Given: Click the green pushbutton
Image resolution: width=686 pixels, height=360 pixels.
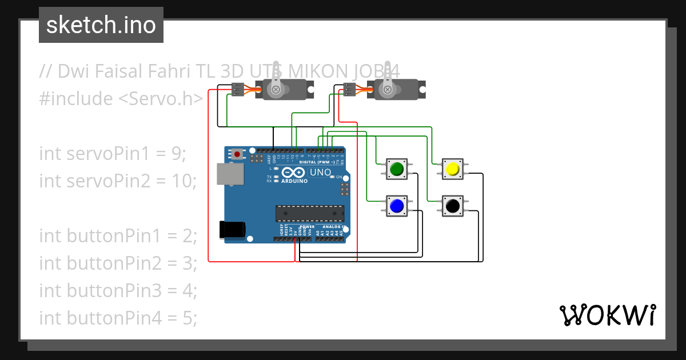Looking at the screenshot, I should tap(396, 169).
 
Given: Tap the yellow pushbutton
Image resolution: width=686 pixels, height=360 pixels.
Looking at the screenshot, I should tap(452, 169).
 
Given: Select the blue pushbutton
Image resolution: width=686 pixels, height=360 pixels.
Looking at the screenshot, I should tap(396, 205).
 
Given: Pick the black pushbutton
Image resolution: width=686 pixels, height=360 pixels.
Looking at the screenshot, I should tap(452, 205).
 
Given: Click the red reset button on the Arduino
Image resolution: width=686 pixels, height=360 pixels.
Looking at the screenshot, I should tap(236, 154).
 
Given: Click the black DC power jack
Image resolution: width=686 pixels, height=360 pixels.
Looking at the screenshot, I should tap(232, 229).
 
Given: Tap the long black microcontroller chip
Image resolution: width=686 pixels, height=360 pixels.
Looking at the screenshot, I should tap(310, 213).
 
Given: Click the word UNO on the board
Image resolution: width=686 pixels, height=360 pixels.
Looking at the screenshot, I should tap(320, 172).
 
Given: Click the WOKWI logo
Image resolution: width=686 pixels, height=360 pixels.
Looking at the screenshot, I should tap(607, 315).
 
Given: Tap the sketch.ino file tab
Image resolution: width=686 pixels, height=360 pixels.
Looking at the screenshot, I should tap(101, 25).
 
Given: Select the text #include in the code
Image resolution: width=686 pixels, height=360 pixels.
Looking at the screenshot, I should tap(76, 99).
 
